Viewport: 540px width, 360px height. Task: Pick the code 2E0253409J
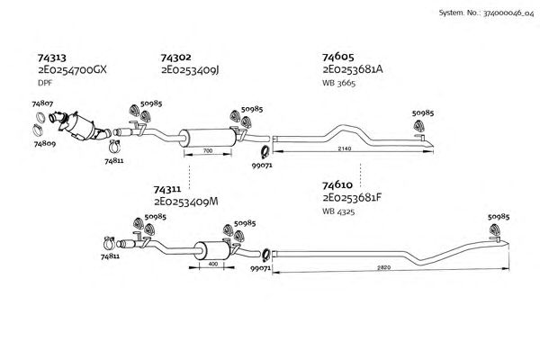tap(191, 69)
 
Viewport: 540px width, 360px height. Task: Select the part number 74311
tap(168, 190)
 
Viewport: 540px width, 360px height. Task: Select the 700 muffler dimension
tap(208, 152)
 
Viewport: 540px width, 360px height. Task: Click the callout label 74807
tap(42, 104)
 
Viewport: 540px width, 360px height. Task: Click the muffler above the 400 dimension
tap(211, 249)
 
